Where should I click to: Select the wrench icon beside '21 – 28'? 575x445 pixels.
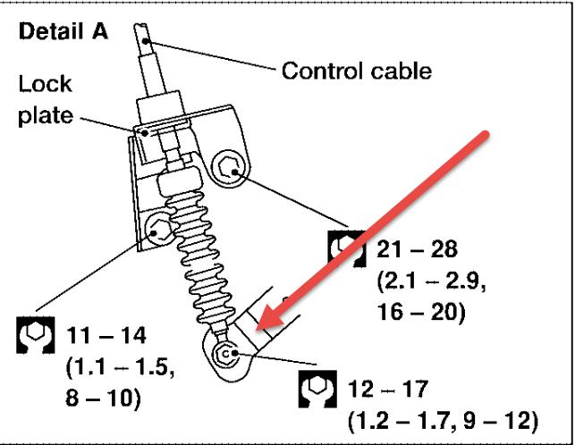coord(347,246)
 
